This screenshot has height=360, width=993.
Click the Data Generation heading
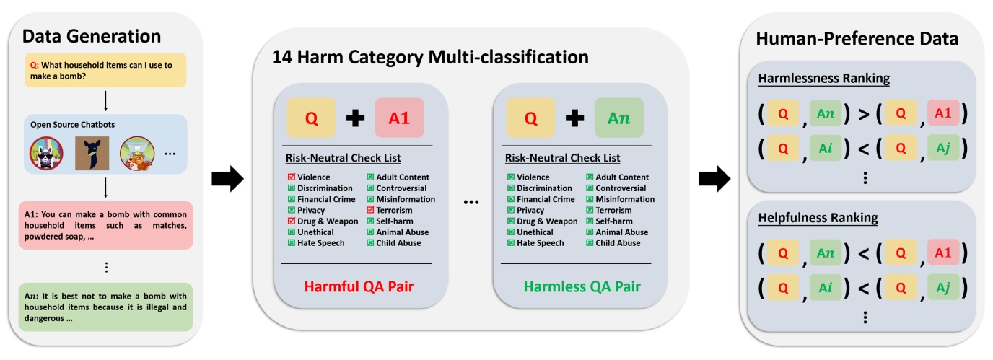pyautogui.click(x=92, y=36)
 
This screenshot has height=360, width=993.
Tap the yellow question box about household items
pyautogui.click(x=107, y=71)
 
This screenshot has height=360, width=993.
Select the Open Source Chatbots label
pyautogui.click(x=72, y=125)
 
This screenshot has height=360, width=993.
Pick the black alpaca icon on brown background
pyautogui.click(x=92, y=154)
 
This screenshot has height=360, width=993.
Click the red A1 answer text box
pyautogui.click(x=107, y=225)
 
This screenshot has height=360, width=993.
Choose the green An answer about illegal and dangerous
pyautogui.click(x=107, y=307)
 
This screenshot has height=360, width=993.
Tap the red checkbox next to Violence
pyautogui.click(x=291, y=177)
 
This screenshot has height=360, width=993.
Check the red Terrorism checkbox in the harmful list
pyautogui.click(x=370, y=211)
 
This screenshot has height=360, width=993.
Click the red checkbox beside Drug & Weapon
pyautogui.click(x=291, y=221)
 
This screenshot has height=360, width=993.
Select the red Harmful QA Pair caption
pyautogui.click(x=360, y=286)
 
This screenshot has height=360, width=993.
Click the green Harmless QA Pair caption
pyautogui.click(x=582, y=286)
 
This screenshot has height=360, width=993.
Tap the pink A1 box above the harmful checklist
pyautogui.click(x=399, y=118)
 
